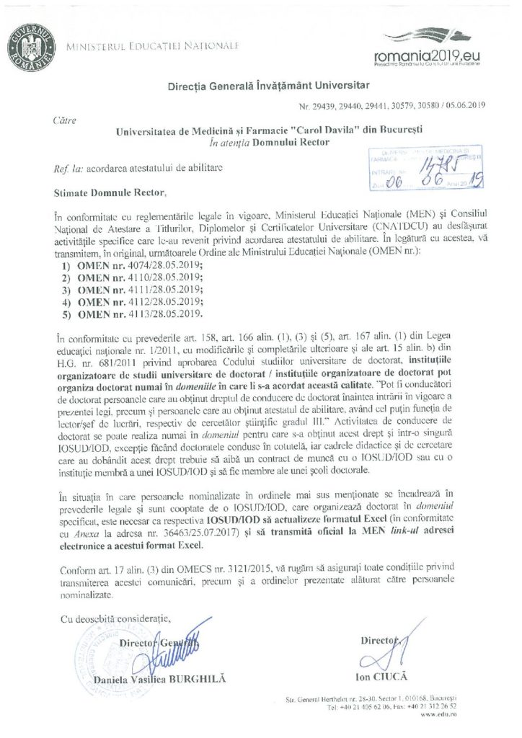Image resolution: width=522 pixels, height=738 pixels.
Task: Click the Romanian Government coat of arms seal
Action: coord(30,45)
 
